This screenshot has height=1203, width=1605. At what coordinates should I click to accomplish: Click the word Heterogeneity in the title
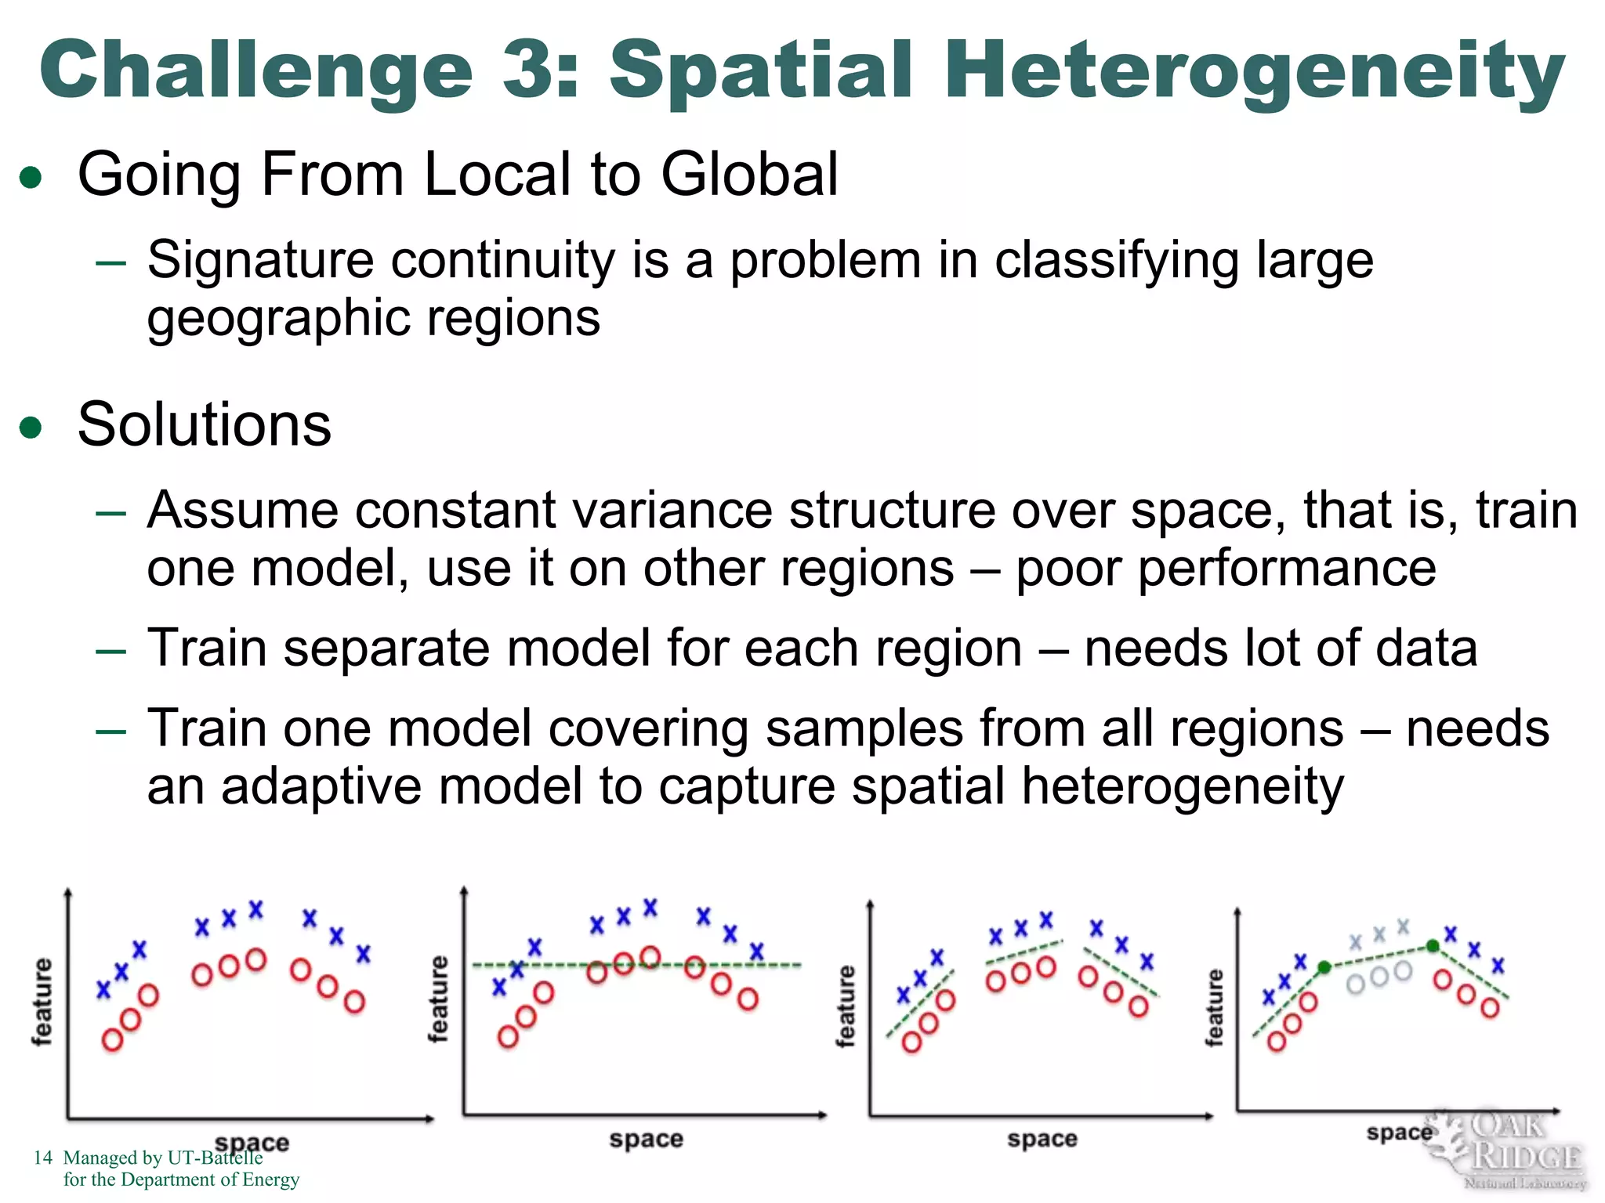[x=1254, y=72]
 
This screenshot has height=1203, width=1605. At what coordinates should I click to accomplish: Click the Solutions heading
[x=205, y=425]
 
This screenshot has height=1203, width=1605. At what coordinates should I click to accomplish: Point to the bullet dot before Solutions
[x=31, y=428]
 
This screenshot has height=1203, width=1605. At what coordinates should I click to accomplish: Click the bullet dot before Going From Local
[x=31, y=178]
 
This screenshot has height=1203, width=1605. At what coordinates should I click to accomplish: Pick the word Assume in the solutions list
[x=243, y=511]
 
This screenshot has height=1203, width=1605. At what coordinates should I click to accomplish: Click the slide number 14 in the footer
[x=43, y=1158]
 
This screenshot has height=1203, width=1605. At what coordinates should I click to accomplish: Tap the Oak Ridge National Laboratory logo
[x=1509, y=1149]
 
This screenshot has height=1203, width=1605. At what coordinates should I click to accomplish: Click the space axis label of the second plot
[x=646, y=1139]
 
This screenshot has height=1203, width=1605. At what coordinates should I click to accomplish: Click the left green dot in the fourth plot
[x=1324, y=968]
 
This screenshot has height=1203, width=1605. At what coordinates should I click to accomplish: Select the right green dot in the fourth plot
[x=1433, y=946]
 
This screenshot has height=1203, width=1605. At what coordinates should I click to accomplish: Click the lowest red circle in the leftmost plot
[x=113, y=1040]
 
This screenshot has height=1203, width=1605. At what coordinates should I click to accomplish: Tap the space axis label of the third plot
[x=1042, y=1139]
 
